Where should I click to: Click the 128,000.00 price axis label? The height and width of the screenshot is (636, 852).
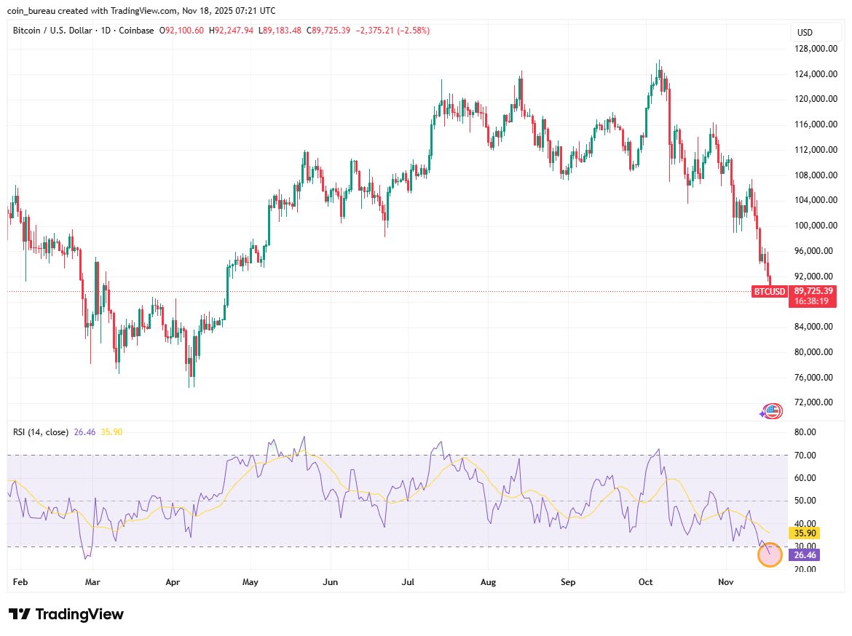(814, 49)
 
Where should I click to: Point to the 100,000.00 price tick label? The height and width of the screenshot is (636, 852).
(814, 226)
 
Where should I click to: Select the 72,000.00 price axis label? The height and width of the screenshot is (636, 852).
(814, 402)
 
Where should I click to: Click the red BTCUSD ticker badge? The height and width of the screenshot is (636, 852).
(770, 292)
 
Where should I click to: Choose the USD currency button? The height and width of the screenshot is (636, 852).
(805, 33)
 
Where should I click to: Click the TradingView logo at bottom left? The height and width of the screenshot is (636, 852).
(66, 614)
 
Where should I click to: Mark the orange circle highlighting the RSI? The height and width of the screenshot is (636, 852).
(770, 555)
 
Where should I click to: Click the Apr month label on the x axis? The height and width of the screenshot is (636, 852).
(173, 582)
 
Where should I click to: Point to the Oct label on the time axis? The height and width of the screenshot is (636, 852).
(646, 582)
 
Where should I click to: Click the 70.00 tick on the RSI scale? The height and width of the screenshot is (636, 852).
(805, 456)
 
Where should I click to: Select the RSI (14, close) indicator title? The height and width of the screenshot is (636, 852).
(41, 432)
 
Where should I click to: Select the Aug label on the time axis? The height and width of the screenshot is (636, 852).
(489, 582)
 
